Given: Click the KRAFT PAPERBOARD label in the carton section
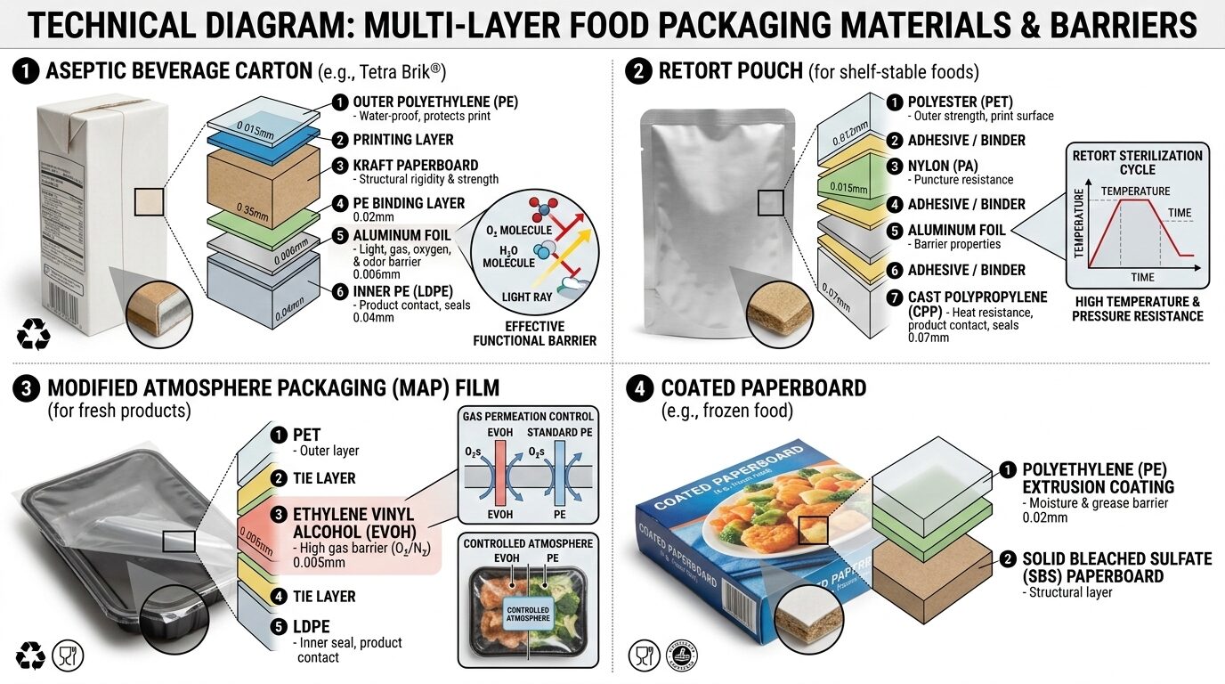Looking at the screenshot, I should click(415, 166).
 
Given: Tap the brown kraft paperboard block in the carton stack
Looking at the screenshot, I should click(263, 183).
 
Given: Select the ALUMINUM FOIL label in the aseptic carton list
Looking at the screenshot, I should click(402, 234).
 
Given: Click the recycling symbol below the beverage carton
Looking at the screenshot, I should click(33, 337).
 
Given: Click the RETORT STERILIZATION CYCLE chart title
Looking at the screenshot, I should click(1137, 162).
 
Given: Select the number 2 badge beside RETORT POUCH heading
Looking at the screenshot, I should click(638, 71).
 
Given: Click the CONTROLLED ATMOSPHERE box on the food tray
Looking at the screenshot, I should click(527, 613).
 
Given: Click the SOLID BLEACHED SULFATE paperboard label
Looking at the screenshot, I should click(1116, 567).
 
